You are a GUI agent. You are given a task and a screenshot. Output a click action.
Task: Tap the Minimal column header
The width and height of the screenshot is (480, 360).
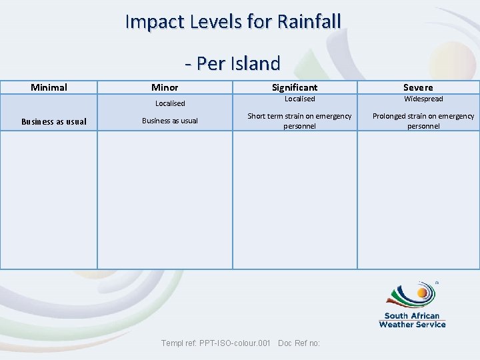coord(49,87)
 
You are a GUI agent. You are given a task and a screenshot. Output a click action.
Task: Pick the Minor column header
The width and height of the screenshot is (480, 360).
coord(165,87)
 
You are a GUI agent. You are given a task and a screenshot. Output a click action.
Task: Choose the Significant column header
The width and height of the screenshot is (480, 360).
coord(295,87)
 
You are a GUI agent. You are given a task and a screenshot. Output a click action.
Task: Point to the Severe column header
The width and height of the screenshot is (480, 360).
coord(418,87)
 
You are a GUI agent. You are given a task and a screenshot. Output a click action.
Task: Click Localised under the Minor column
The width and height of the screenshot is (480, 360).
coord(170,103)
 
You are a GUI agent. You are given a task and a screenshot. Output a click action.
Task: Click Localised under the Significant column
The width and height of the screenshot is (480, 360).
coord(299,99)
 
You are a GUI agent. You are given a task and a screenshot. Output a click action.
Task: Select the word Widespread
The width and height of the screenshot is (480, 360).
coord(423,99)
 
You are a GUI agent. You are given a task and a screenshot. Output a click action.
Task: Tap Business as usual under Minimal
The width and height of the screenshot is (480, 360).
coord(54,121)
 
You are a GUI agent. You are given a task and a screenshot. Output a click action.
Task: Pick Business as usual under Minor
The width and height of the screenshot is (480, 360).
coord(170,121)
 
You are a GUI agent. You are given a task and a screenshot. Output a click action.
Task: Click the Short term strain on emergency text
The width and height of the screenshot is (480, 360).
coord(299,116)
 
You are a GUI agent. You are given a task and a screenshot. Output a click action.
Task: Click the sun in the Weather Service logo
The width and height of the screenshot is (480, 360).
coord(422,293)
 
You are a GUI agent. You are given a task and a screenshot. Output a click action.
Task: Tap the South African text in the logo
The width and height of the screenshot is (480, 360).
coord(412,316)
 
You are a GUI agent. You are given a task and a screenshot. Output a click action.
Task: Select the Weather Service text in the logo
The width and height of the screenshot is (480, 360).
coord(412,324)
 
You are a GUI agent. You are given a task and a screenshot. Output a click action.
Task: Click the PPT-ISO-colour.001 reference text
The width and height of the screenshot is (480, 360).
coord(234,343)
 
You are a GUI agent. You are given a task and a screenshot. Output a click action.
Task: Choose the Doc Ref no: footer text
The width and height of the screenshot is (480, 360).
coord(299,343)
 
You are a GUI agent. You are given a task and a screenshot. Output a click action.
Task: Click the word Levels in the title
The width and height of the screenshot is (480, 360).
coord(222,21)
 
